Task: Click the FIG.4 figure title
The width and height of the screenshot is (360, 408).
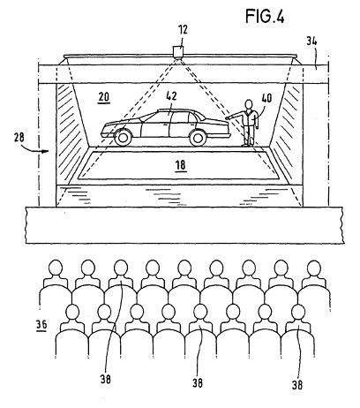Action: [265, 16]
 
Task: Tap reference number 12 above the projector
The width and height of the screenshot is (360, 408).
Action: [183, 30]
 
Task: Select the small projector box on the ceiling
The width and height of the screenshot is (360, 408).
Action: [178, 50]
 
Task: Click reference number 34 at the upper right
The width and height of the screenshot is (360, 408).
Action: [311, 41]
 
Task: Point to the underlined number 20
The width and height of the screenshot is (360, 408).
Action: [104, 97]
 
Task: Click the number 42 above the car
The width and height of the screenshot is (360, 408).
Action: [171, 96]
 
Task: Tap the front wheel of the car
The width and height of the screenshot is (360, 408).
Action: [123, 138]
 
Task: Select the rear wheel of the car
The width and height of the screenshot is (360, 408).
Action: [198, 138]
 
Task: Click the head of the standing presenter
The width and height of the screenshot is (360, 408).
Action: [249, 104]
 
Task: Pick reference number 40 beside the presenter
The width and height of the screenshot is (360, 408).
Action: [266, 98]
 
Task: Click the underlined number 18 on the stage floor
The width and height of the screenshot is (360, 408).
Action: [181, 165]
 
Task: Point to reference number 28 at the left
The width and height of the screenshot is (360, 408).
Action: [19, 138]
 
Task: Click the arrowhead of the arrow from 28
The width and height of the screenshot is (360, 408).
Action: [45, 151]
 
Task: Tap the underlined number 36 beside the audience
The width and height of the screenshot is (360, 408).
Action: [41, 325]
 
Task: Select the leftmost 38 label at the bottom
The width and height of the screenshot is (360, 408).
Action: [106, 379]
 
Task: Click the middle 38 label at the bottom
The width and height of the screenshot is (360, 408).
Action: [198, 382]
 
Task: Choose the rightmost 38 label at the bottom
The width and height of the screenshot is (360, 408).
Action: [297, 384]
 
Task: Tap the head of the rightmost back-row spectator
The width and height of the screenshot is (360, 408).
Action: [314, 268]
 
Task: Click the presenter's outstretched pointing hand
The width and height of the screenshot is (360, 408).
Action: [228, 118]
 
